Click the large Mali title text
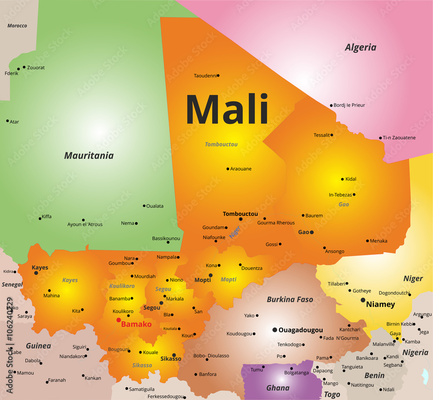point(227,109)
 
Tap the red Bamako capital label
point(136,324)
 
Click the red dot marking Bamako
point(119,320)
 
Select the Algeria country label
point(360,48)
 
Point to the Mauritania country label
point(89,156)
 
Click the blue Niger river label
point(234,233)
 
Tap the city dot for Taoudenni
point(218,75)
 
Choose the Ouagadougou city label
point(301,330)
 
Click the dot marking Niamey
point(363,300)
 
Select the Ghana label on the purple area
point(278,388)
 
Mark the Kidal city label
point(351,179)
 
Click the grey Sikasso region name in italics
point(142,365)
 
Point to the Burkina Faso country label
point(290,299)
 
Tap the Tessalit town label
point(321,135)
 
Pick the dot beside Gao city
point(311,232)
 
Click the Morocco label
point(17,26)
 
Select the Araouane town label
point(241,169)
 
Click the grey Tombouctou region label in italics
point(221,144)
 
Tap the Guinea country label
point(39,346)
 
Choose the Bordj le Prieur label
point(349,105)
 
